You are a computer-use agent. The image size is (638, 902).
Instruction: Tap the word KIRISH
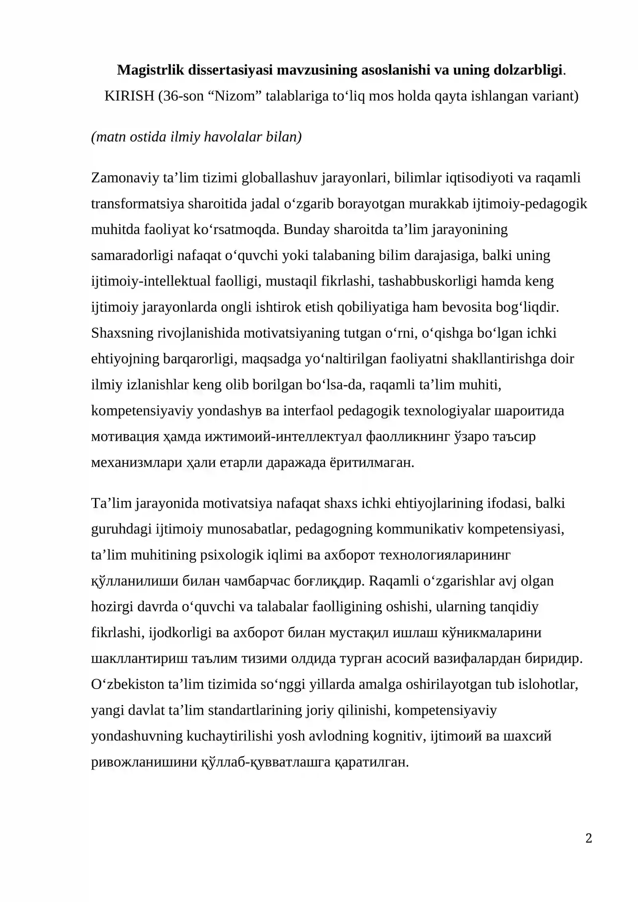pyautogui.click(x=129, y=96)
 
